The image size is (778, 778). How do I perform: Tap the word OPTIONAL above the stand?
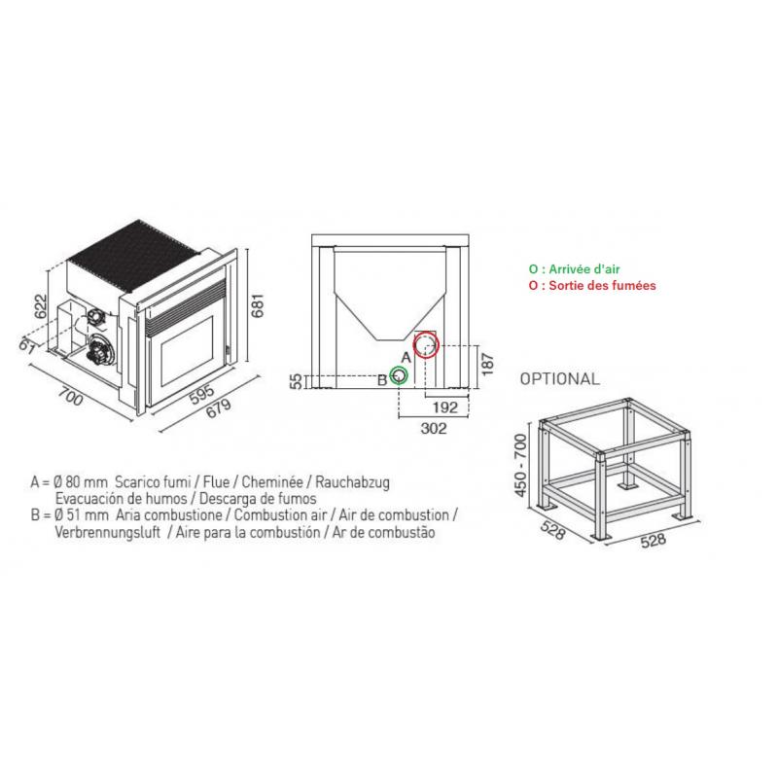pos(560,378)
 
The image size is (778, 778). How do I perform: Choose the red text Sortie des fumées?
pos(592,286)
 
